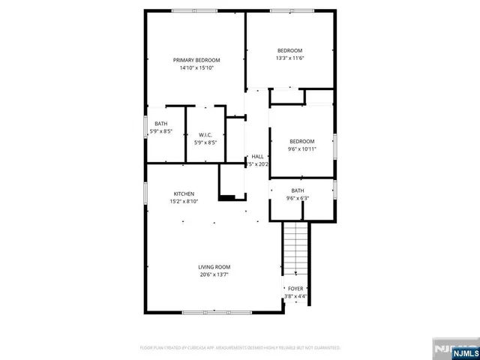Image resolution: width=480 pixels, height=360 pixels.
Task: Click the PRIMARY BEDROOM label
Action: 196,60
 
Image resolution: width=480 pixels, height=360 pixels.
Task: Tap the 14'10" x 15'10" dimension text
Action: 196,68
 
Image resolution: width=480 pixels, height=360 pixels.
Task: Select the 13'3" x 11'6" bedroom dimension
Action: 289,58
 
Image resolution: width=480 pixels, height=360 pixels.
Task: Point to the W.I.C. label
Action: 205,134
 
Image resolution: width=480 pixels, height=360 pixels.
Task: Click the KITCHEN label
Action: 184,193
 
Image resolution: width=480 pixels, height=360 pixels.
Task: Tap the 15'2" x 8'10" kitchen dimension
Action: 184,201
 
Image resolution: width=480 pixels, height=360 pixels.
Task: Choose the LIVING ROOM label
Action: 214,267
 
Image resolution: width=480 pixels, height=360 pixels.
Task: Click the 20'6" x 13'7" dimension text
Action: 214,274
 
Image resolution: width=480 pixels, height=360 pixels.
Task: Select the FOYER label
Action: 295,288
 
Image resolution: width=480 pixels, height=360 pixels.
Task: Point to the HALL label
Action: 257,156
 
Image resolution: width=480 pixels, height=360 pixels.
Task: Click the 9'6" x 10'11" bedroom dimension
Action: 302,148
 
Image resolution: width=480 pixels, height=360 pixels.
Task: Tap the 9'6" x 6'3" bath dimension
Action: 298,198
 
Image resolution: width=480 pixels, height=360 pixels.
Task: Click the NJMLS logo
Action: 454,349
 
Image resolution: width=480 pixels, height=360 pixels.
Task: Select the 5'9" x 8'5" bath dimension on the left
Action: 161,131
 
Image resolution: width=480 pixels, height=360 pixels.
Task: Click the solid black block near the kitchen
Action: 227,198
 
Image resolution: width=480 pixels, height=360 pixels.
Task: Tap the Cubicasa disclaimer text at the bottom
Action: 240,348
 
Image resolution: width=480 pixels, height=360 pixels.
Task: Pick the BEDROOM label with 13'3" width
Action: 289,50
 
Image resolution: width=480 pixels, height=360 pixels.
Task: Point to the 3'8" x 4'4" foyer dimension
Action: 295,295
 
